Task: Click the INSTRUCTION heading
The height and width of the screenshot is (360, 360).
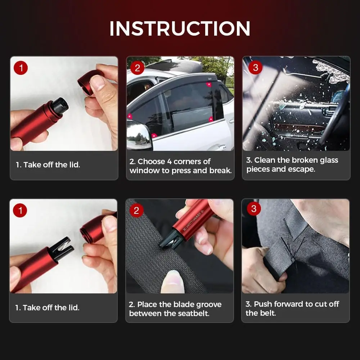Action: click(x=180, y=28)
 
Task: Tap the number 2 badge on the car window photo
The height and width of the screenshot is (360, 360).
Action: click(x=137, y=68)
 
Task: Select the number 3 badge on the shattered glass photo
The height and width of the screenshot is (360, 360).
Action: click(x=255, y=68)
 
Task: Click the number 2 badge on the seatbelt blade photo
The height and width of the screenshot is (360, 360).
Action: click(x=136, y=210)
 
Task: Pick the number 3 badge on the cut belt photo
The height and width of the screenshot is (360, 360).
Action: click(x=254, y=208)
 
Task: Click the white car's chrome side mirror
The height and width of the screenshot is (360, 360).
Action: click(x=139, y=134)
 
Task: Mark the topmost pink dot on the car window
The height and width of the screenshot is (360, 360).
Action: click(x=209, y=85)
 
